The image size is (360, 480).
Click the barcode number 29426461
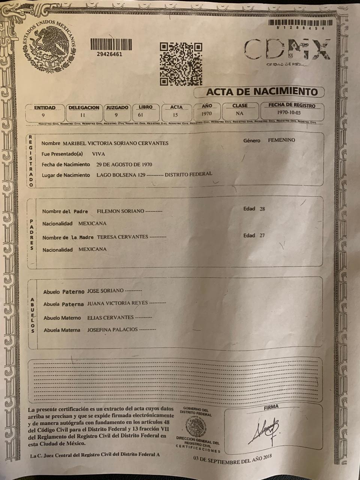[x=109, y=54]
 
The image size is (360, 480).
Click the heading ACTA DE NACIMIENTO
[x=262, y=91]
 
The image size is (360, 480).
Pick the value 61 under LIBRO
[x=141, y=115]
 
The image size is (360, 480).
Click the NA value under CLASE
[x=240, y=113]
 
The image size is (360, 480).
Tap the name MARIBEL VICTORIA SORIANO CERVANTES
[x=115, y=143]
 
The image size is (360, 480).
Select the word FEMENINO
[x=281, y=140]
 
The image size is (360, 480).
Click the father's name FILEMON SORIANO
[x=120, y=211]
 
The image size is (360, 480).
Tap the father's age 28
[x=262, y=209]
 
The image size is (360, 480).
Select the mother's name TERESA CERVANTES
[x=122, y=237]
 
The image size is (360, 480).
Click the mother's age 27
[x=262, y=235]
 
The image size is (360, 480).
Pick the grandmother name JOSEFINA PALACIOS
[x=112, y=330]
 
